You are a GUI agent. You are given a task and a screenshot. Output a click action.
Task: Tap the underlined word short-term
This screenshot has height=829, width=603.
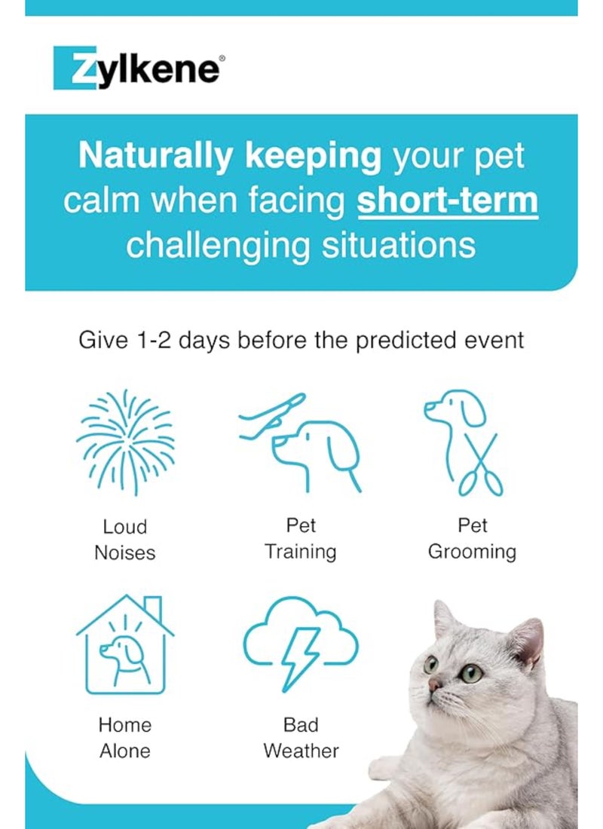pos(448,201)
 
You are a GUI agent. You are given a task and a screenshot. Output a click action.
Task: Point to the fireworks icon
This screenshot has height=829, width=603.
pos(125,442)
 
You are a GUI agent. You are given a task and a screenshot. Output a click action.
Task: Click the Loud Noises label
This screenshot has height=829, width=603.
pos(125,540)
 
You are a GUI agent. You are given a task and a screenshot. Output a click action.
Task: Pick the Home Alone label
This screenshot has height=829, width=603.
pos(125,738)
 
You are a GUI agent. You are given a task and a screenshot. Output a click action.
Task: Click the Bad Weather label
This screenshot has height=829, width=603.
pos(300,738)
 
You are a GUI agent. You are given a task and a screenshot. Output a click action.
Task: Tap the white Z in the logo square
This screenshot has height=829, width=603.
pos(72,69)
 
